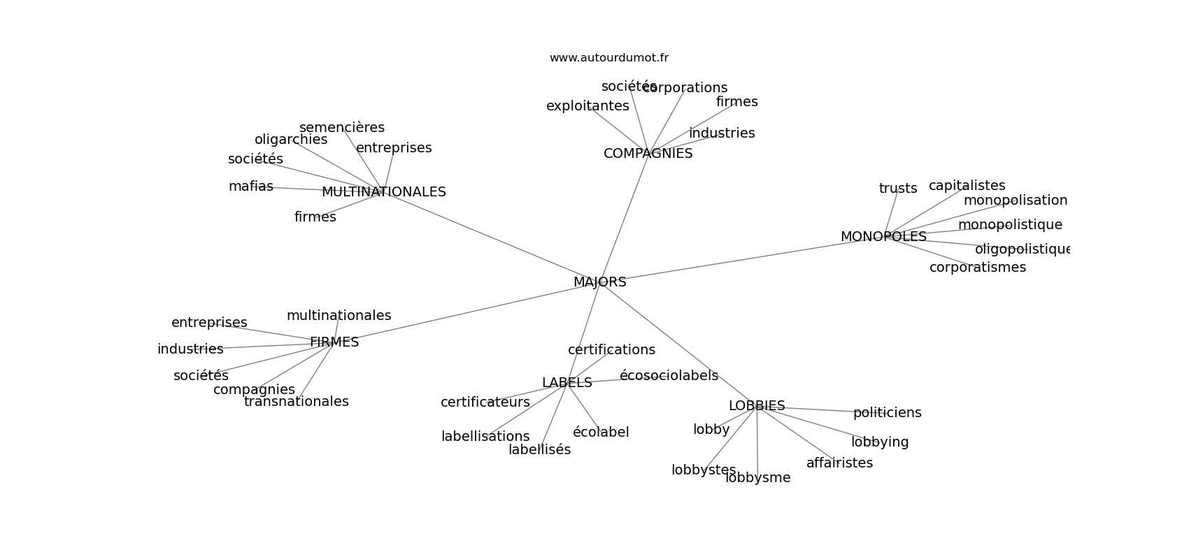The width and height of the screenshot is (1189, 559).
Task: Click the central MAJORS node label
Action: click(599, 282)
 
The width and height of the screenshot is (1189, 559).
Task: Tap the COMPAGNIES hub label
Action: click(648, 154)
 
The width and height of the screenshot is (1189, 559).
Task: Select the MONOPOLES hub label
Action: click(883, 237)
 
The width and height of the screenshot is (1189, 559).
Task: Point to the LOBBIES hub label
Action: click(757, 406)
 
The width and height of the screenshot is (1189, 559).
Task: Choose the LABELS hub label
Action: click(567, 383)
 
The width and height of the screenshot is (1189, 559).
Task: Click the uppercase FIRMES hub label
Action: click(334, 342)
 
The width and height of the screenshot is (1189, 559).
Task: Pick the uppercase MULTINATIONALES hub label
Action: click(383, 192)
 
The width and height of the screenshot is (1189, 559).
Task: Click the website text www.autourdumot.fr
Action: click(608, 58)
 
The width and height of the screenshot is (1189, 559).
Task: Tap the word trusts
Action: click(898, 189)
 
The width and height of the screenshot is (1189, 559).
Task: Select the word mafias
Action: click(250, 187)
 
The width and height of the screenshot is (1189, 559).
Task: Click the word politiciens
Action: click(887, 413)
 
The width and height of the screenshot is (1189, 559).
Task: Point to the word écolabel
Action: click(601, 433)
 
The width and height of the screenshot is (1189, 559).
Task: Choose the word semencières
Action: click(342, 128)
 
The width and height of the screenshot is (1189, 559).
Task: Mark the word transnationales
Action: click(296, 402)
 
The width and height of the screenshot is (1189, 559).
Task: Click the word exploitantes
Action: click(588, 106)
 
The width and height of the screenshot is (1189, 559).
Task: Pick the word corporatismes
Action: click(977, 268)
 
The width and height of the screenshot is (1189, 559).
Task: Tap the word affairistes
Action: click(839, 463)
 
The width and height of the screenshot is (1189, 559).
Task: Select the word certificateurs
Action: click(485, 402)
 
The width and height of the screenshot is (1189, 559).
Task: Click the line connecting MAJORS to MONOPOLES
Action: click(741, 259)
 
